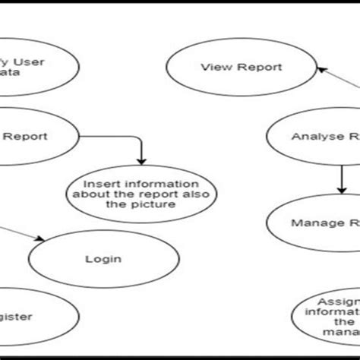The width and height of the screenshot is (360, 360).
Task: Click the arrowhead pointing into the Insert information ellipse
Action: point(141,160)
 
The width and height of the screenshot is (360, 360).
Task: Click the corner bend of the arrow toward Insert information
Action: point(140,139)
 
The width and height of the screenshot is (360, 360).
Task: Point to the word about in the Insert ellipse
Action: point(86,195)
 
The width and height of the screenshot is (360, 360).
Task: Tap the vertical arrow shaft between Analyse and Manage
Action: point(338,173)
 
